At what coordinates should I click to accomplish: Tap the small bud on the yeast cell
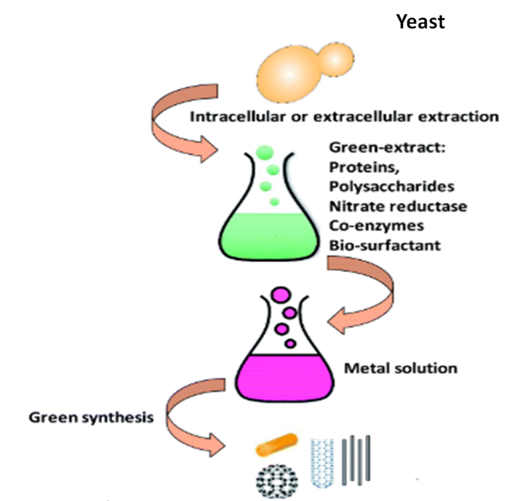336,58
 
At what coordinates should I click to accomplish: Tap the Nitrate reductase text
398,206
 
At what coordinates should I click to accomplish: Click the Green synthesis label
90,417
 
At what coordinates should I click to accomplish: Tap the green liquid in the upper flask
271,235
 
